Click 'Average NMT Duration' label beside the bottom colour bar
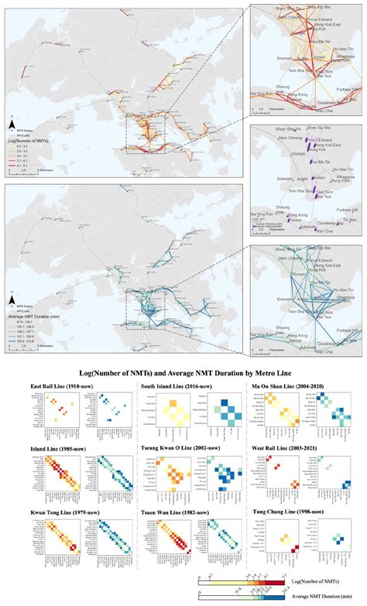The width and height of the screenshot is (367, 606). point(317,597)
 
